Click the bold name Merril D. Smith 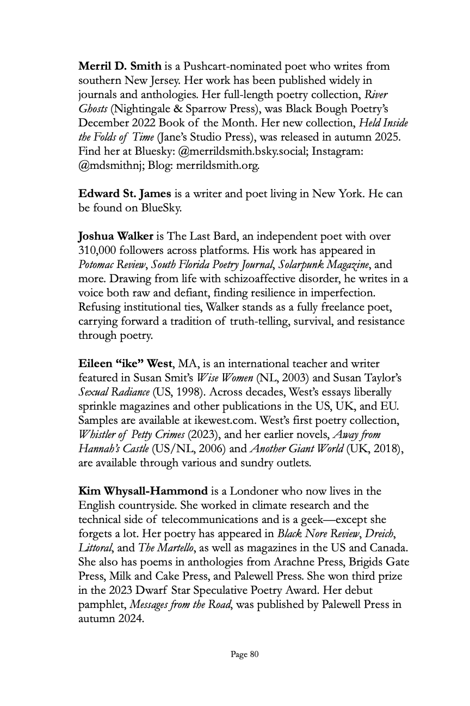coord(120,66)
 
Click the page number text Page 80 coord(245,654)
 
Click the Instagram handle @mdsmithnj coord(110,166)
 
